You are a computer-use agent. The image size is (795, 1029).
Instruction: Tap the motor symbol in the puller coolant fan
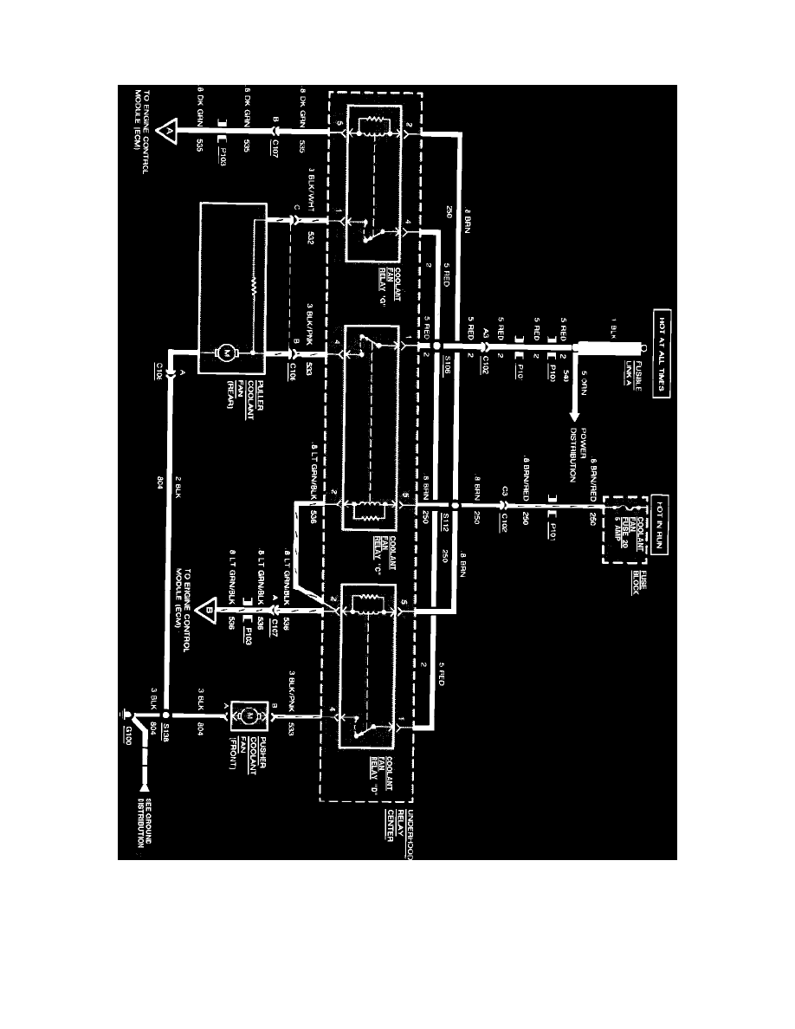pyautogui.click(x=227, y=353)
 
